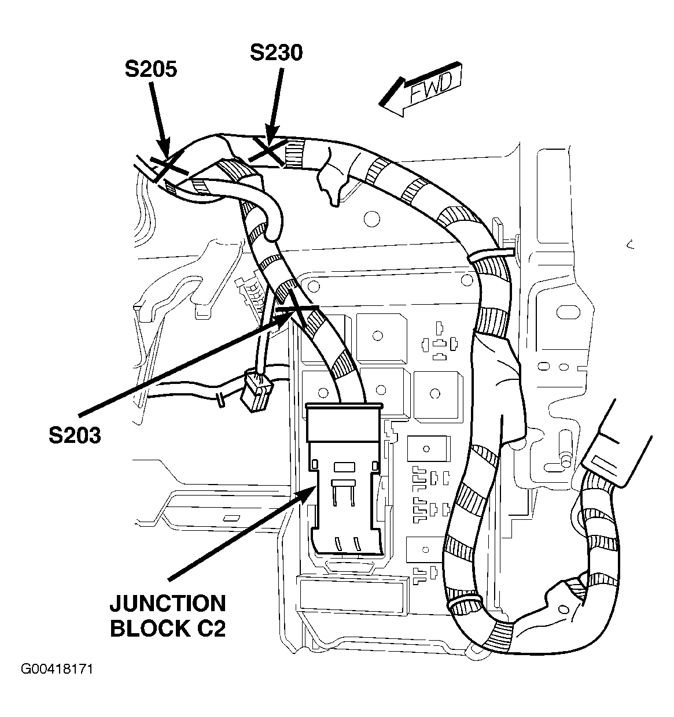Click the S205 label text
click(150, 69)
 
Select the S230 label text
click(276, 53)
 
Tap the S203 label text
click(75, 435)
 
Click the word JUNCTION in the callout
click(167, 604)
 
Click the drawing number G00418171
click(57, 669)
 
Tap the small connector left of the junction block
click(255, 391)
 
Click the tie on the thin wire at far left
click(220, 400)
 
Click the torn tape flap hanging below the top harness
click(332, 179)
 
